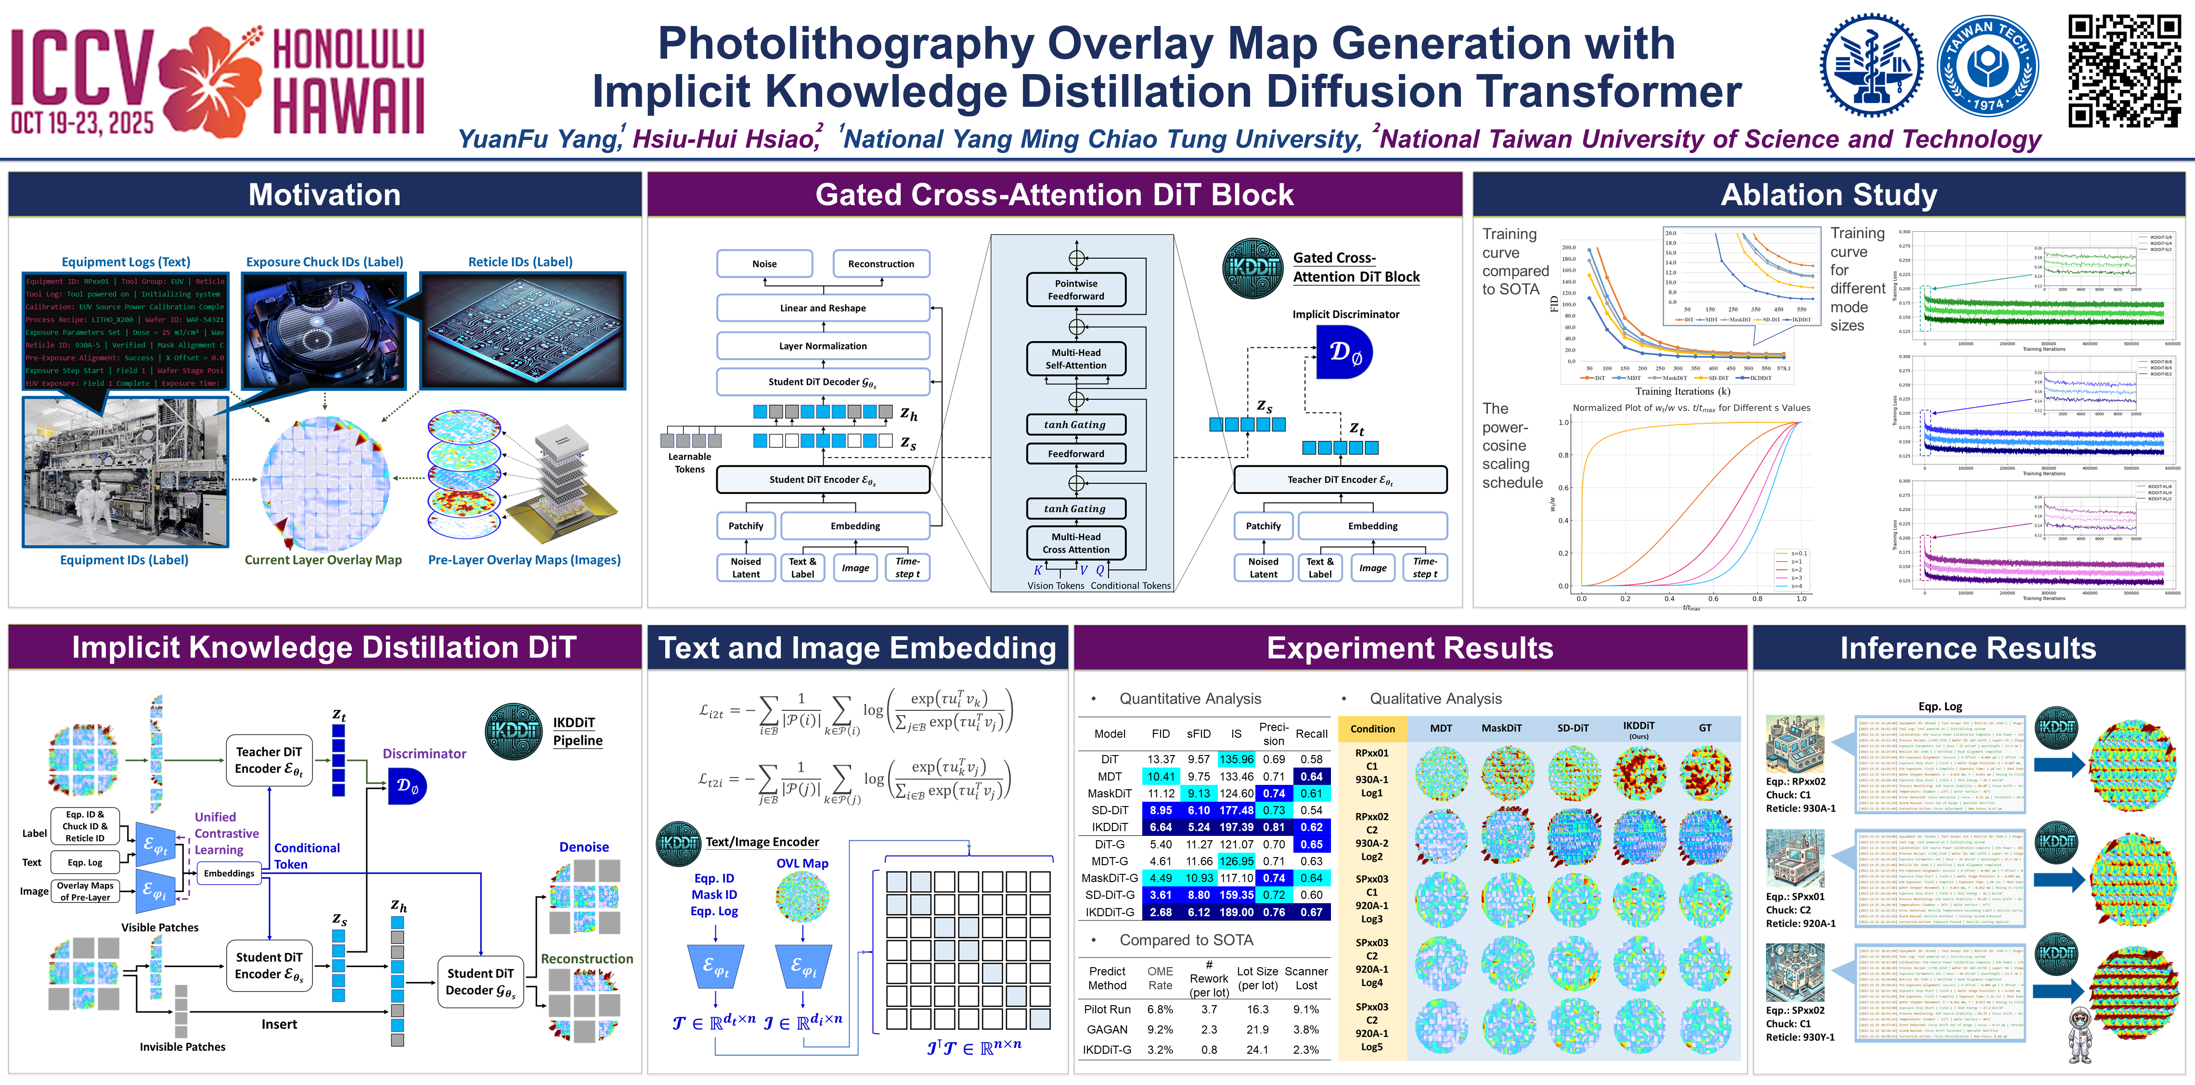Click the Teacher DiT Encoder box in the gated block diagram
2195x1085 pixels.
coord(1340,479)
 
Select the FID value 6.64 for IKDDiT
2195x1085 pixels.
coord(1161,827)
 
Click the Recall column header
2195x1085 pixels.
coord(1311,733)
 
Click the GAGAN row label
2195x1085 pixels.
coord(1107,1029)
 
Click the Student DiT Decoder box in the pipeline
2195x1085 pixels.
coord(480,981)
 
